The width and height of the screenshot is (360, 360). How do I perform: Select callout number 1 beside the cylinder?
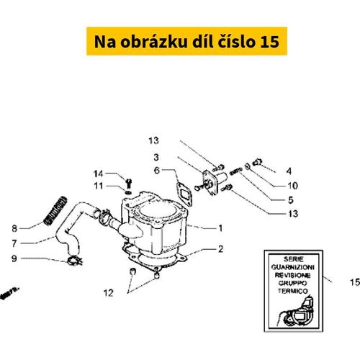[221, 228]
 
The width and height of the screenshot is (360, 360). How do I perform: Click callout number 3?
[156, 156]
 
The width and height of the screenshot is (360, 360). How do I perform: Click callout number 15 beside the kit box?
[354, 282]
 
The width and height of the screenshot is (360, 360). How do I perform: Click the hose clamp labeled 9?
[72, 259]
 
